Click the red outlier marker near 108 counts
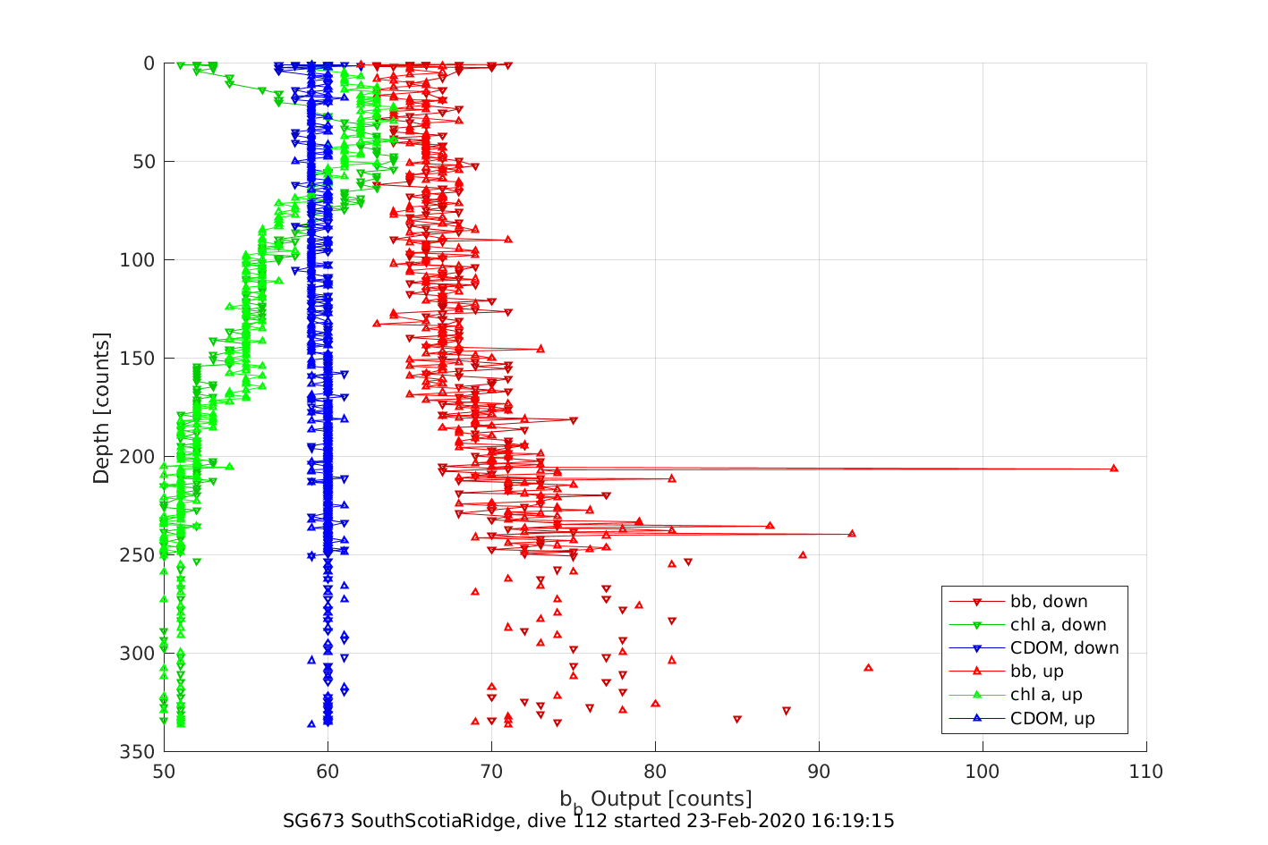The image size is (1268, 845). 1114,468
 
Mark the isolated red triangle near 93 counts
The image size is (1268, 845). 868,667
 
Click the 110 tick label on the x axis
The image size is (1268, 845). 1146,772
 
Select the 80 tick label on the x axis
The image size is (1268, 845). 655,772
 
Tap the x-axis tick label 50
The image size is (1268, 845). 164,772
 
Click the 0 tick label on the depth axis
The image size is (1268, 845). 149,63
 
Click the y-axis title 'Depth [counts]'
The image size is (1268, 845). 101,408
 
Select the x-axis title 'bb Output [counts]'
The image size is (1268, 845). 656,799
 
